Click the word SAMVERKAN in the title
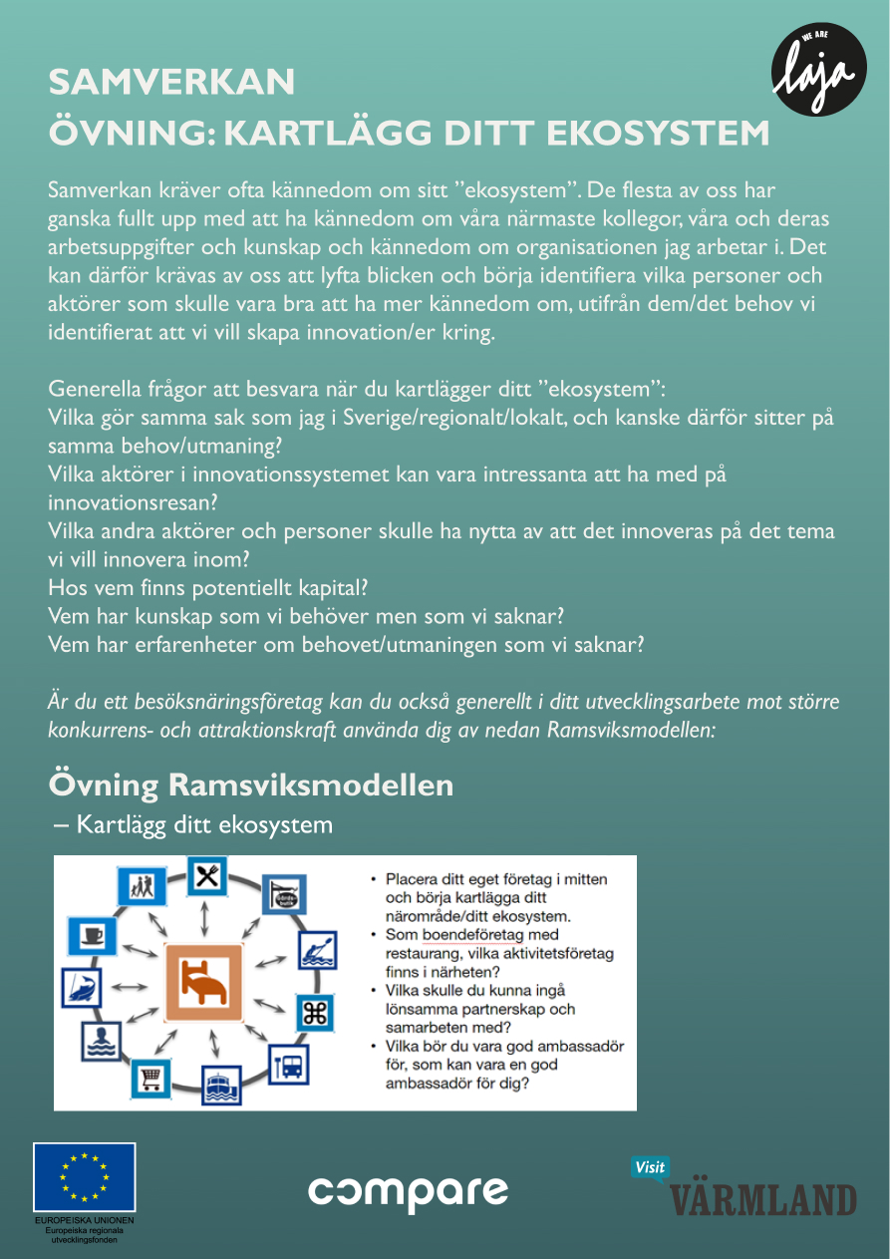[x=172, y=83]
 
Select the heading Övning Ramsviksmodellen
[x=251, y=785]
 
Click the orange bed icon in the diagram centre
[x=204, y=982]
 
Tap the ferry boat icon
[x=220, y=1086]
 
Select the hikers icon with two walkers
[x=141, y=885]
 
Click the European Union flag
[x=84, y=1177]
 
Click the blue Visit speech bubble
[x=650, y=1168]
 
